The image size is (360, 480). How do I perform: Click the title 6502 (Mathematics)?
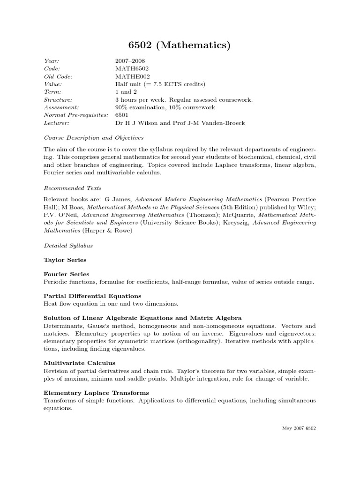pos(180,45)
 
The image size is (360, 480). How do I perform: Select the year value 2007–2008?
pos(130,61)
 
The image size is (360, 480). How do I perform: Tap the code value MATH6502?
pos(132,69)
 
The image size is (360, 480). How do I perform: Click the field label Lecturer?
pos(57,123)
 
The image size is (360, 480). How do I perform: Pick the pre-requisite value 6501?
pos(122,115)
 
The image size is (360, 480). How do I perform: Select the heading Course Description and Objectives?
pos(94,138)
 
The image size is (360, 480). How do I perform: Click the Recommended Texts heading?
pos(73,188)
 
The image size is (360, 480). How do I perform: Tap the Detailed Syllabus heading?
pos(68,245)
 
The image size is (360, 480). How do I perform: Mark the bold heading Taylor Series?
pos(65,260)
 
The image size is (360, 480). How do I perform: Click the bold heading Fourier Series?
pos(66,274)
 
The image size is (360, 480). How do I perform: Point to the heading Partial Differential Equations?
pos(92,296)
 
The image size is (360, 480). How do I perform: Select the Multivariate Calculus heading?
pos(79,363)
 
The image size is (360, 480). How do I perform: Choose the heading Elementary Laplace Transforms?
pos(96,392)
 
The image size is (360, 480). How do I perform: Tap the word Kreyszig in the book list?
pos(237,223)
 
